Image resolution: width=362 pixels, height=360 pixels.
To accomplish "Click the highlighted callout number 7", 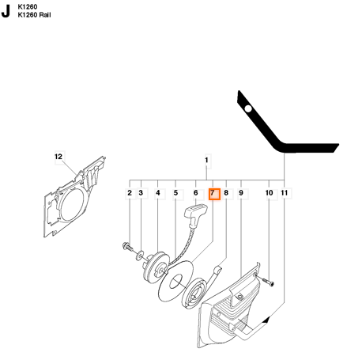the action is [x=214, y=194].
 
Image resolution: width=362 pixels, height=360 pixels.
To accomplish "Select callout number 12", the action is [x=58, y=157].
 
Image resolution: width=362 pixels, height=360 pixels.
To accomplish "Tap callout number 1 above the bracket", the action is [x=206, y=160].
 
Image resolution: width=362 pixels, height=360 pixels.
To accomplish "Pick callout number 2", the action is [x=130, y=193].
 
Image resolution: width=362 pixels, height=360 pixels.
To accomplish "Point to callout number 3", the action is [x=141, y=193].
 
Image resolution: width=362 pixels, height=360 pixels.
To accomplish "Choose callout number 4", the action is [x=158, y=193].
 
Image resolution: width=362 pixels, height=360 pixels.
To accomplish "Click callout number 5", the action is [x=175, y=193].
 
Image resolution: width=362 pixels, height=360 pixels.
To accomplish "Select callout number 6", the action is [x=195, y=193].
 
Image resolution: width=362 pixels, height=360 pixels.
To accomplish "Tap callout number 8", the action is [x=226, y=193].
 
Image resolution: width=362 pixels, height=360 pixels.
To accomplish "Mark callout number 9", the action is [x=241, y=193].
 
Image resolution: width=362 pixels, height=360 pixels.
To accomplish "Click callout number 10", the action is [x=269, y=193].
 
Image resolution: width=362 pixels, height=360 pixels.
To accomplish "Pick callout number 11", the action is [x=285, y=193].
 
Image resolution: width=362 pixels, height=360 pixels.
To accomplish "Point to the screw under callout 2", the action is [x=128, y=247].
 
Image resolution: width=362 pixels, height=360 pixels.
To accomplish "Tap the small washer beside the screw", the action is [x=140, y=255].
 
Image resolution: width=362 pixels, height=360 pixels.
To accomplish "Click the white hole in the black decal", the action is [x=248, y=108].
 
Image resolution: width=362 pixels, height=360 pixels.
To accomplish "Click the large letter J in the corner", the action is [x=6, y=11].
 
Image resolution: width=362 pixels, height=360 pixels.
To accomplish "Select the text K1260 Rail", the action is [x=34, y=15].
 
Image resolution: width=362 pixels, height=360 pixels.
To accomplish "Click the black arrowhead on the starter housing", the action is [x=266, y=320].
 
